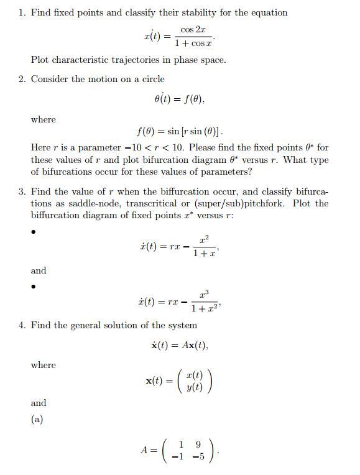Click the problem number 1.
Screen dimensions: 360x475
[22, 12]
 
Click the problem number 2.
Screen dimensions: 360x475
[22, 79]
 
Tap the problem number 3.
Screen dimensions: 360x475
[22, 191]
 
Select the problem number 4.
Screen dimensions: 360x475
[22, 325]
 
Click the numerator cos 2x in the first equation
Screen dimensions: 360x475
[193, 29]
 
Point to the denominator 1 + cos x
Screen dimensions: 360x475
[193, 43]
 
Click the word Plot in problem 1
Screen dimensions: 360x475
[41, 60]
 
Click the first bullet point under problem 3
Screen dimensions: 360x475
[34, 233]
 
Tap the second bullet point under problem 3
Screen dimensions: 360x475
[34, 287]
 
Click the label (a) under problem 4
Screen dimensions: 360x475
[37, 420]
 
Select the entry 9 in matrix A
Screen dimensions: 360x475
[198, 445]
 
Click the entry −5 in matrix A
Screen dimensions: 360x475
[198, 457]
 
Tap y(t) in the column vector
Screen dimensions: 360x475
[195, 387]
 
